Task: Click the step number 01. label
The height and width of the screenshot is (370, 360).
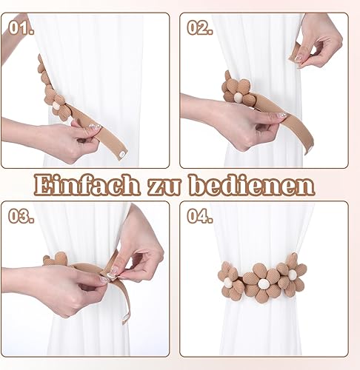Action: tap(21, 27)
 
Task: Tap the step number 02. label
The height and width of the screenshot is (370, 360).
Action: tap(200, 27)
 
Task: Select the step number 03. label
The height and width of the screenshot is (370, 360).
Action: tap(21, 216)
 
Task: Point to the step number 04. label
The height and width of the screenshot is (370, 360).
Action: tap(200, 216)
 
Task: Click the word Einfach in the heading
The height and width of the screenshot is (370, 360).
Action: tap(87, 184)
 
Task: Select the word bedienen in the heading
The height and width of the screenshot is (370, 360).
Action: tap(253, 184)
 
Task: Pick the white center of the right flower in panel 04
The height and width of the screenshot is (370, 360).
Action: tap(292, 273)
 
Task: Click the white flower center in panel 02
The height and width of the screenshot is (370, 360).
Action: tap(238, 95)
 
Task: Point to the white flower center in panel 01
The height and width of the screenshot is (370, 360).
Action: tap(56, 107)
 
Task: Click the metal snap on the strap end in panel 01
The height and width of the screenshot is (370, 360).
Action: tap(121, 154)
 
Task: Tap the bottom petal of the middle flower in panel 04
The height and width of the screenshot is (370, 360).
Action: tap(261, 297)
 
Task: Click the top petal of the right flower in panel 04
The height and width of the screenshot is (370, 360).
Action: tap(292, 261)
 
